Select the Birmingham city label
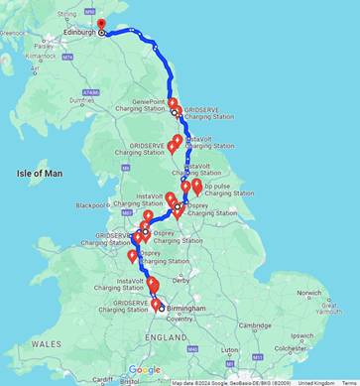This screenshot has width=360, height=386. coord(186,309)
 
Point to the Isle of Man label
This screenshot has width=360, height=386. coord(39,174)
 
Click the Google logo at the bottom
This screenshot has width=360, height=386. coord(144,370)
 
